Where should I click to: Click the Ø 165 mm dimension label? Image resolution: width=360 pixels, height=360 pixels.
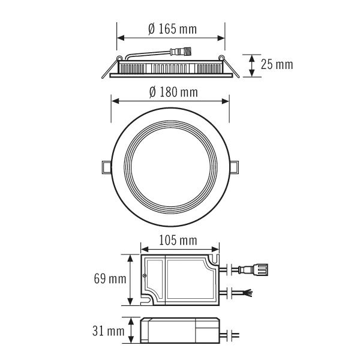[172, 28]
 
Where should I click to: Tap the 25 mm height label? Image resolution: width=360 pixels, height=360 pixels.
[277, 64]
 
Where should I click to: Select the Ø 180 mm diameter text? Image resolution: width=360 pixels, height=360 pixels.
[172, 92]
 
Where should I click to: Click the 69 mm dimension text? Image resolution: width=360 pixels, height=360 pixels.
[110, 279]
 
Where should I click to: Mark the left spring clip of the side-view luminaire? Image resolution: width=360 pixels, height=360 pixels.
[108, 69]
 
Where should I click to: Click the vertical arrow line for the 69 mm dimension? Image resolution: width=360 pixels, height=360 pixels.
[131, 279]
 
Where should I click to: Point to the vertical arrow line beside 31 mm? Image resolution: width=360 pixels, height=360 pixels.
[131, 331]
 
